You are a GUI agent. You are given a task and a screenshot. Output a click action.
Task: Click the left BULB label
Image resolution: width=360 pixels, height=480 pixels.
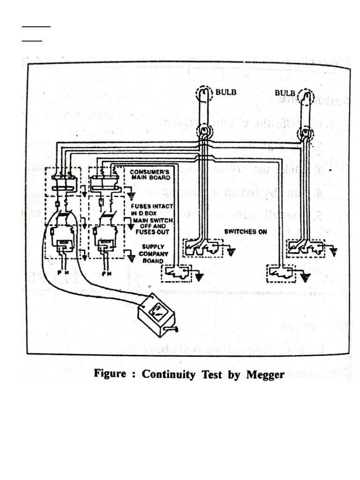point(226,92)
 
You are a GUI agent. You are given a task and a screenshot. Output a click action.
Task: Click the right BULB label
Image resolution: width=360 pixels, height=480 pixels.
point(285,93)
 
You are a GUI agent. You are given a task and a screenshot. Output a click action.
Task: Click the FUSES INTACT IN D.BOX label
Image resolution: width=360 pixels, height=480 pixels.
point(152,209)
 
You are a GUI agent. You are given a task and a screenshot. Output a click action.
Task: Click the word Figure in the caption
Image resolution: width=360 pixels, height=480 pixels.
point(110,374)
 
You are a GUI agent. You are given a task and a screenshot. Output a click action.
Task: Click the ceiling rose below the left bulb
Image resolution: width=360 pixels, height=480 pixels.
point(204,131)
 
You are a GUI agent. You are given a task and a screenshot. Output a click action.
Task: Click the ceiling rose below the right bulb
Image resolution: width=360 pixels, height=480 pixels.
point(305,135)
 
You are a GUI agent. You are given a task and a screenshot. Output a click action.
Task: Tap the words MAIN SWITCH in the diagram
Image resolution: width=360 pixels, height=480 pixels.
point(151,220)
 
